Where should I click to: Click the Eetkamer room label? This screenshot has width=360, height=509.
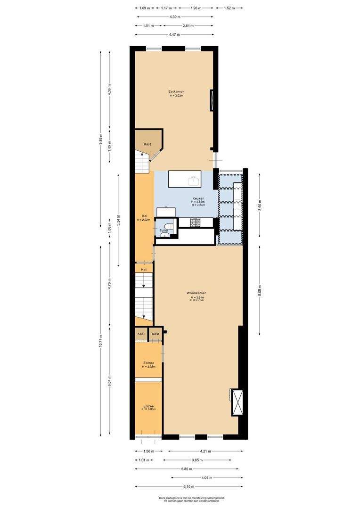click(x=176, y=91)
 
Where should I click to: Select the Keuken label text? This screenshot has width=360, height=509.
click(x=198, y=198)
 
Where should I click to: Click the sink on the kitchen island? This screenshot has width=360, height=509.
click(x=193, y=180)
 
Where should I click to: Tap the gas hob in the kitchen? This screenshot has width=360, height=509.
click(x=195, y=222)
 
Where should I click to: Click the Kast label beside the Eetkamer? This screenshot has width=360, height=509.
click(x=147, y=144)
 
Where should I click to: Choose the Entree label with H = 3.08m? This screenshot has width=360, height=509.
click(x=148, y=406)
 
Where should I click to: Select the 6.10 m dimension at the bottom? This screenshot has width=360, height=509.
click(x=187, y=486)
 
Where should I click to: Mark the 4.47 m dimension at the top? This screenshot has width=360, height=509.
click(x=173, y=34)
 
